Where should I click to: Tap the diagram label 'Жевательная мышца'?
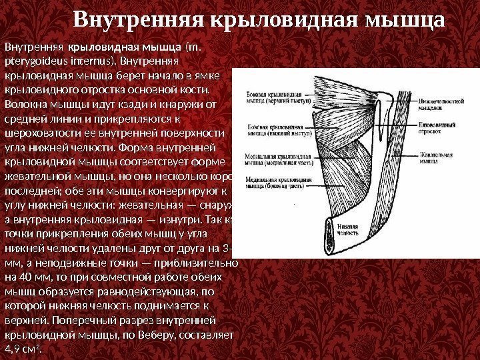click(x=437, y=158)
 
